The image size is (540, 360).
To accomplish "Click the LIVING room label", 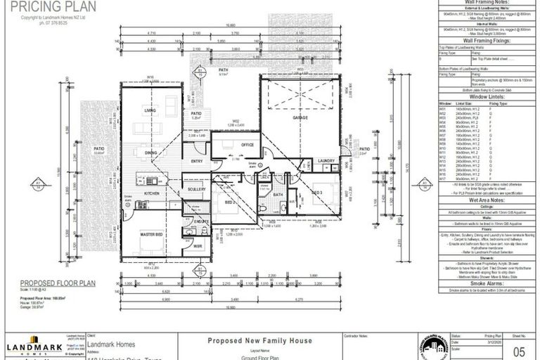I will pyautogui.click(x=150, y=110).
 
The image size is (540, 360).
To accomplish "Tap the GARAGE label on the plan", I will pyautogui.click(x=301, y=119).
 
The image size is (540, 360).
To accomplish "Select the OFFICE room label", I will pyautogui.click(x=246, y=145).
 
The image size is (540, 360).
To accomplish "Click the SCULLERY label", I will pyautogui.click(x=196, y=190).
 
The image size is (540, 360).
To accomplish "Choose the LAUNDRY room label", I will pyautogui.click(x=326, y=161).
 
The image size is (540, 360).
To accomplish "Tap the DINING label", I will pyautogui.click(x=150, y=152).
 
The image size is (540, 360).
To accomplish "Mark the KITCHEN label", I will pyautogui.click(x=152, y=193).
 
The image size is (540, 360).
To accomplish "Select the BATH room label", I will pyautogui.click(x=278, y=195).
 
